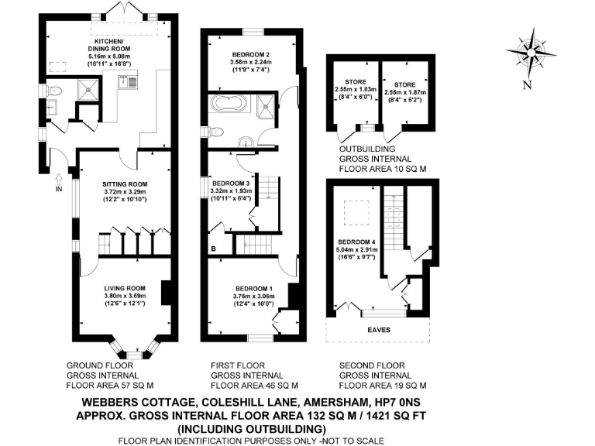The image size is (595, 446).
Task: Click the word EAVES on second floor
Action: click(x=378, y=330)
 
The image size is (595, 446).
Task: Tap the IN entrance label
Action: click(x=58, y=188)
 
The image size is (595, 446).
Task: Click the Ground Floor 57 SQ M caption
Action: click(x=109, y=374)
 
